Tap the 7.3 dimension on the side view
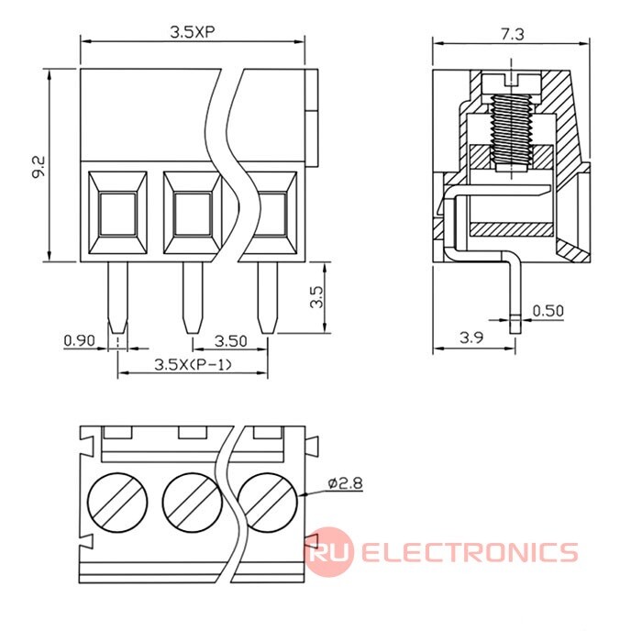[x=511, y=32]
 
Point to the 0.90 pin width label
[x=79, y=340]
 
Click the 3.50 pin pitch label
[x=230, y=340]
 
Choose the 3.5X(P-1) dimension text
[x=193, y=365]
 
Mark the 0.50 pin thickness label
[x=548, y=310]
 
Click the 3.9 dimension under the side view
[x=471, y=338]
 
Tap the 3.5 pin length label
[x=316, y=297]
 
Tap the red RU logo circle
[x=328, y=552]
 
